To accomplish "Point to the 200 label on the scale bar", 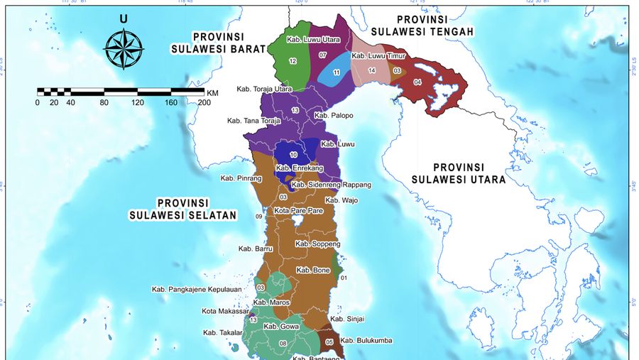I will click(x=204, y=102).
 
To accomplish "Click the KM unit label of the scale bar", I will click(x=213, y=92).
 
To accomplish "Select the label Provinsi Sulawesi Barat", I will click(x=219, y=43).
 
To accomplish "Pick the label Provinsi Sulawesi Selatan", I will click(x=182, y=208).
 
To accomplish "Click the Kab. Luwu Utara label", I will click(x=312, y=40).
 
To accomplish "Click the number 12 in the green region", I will click(x=293, y=62).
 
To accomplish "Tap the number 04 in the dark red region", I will click(x=417, y=82).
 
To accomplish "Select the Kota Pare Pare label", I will click(x=298, y=211).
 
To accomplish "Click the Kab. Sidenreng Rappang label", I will click(x=331, y=185).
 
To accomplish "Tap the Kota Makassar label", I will click(x=225, y=311).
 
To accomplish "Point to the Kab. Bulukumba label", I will click(x=366, y=341).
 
